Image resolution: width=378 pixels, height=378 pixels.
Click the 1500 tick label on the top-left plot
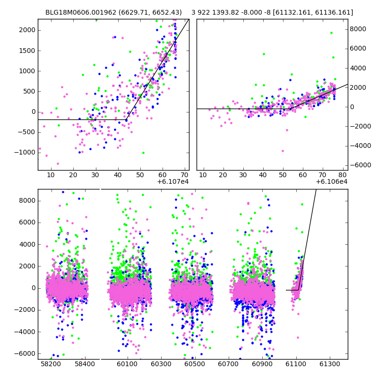point(26,51)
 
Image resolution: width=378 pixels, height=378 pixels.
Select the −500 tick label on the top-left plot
point(26,132)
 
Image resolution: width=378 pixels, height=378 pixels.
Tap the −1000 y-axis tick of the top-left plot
point(24,152)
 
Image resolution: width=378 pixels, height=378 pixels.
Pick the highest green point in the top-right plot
point(331,33)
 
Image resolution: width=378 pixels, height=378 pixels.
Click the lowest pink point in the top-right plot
point(283,151)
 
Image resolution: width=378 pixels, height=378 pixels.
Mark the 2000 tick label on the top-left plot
point(26,30)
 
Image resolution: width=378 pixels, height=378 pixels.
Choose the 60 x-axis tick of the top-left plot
point(163,175)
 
